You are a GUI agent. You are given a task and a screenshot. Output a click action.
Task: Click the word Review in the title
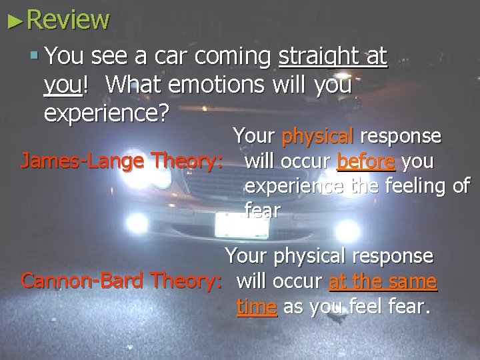[67, 19]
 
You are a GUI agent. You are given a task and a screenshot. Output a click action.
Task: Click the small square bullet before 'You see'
[35, 57]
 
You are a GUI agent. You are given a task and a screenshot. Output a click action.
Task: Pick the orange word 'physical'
[318, 137]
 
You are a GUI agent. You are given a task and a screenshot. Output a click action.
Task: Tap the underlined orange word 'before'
[366, 161]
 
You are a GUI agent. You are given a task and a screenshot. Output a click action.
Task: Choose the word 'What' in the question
[133, 85]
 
